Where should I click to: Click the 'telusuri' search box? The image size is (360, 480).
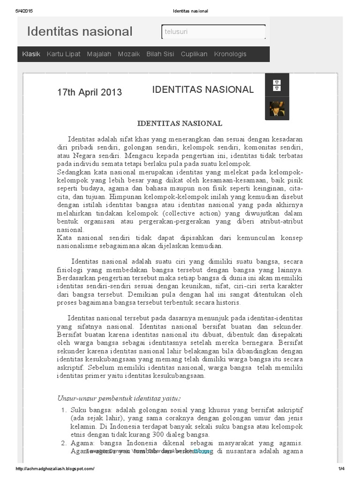(213, 32)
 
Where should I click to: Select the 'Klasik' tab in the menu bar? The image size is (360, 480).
(31, 54)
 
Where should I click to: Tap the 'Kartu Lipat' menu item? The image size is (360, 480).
(63, 54)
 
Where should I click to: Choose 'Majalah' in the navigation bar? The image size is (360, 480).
(99, 54)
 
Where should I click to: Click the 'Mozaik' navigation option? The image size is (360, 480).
(129, 54)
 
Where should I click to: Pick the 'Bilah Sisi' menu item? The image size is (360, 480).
(160, 54)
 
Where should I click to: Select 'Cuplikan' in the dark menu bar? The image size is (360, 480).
(194, 54)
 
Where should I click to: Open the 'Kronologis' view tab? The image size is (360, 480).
(230, 54)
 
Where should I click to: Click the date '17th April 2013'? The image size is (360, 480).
(90, 92)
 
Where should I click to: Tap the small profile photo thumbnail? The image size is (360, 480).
(277, 109)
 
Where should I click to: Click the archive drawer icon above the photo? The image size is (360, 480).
(277, 85)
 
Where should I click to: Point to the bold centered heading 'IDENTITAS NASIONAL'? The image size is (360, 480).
(180, 124)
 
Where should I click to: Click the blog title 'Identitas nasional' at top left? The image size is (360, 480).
(80, 31)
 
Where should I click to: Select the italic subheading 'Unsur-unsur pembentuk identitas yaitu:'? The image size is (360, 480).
(119, 398)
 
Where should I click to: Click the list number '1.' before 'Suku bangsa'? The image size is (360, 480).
(65, 410)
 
